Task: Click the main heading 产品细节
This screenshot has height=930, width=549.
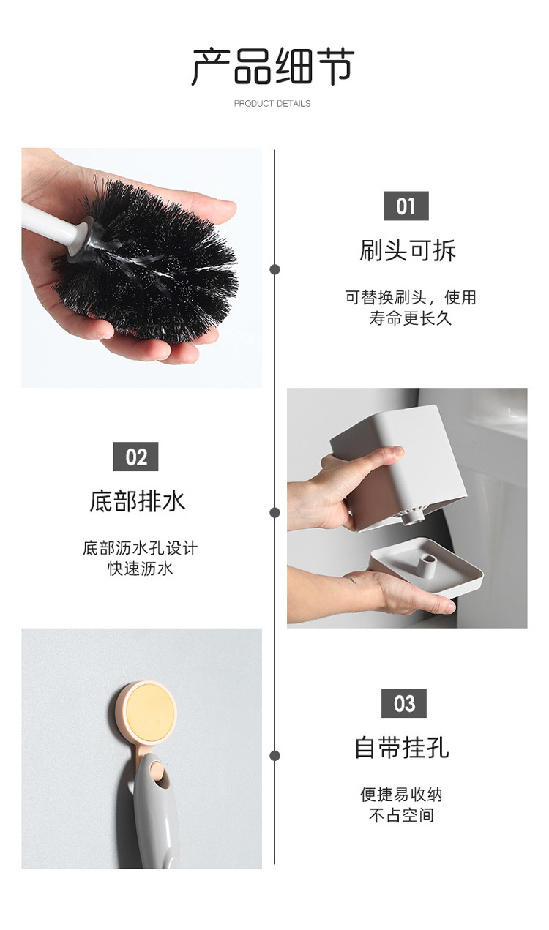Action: (273, 67)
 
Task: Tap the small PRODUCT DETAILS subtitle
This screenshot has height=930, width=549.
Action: (272, 104)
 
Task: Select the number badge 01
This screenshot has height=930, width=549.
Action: (406, 206)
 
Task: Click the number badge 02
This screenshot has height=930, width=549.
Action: (135, 457)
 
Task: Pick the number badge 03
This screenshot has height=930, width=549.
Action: (403, 704)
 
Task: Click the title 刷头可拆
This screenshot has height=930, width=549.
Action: (408, 251)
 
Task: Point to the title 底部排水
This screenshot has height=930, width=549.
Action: (137, 502)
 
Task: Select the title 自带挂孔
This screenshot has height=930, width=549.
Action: (402, 748)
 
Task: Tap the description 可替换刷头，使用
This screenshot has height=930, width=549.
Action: (410, 298)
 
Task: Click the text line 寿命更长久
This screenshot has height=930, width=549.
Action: (410, 318)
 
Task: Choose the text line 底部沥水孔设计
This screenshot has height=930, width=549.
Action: (140, 548)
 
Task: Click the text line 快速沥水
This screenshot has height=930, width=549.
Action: (141, 569)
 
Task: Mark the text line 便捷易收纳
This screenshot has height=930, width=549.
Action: (401, 795)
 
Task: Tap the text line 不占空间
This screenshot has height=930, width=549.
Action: (401, 815)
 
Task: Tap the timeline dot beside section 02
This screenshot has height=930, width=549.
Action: (275, 512)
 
